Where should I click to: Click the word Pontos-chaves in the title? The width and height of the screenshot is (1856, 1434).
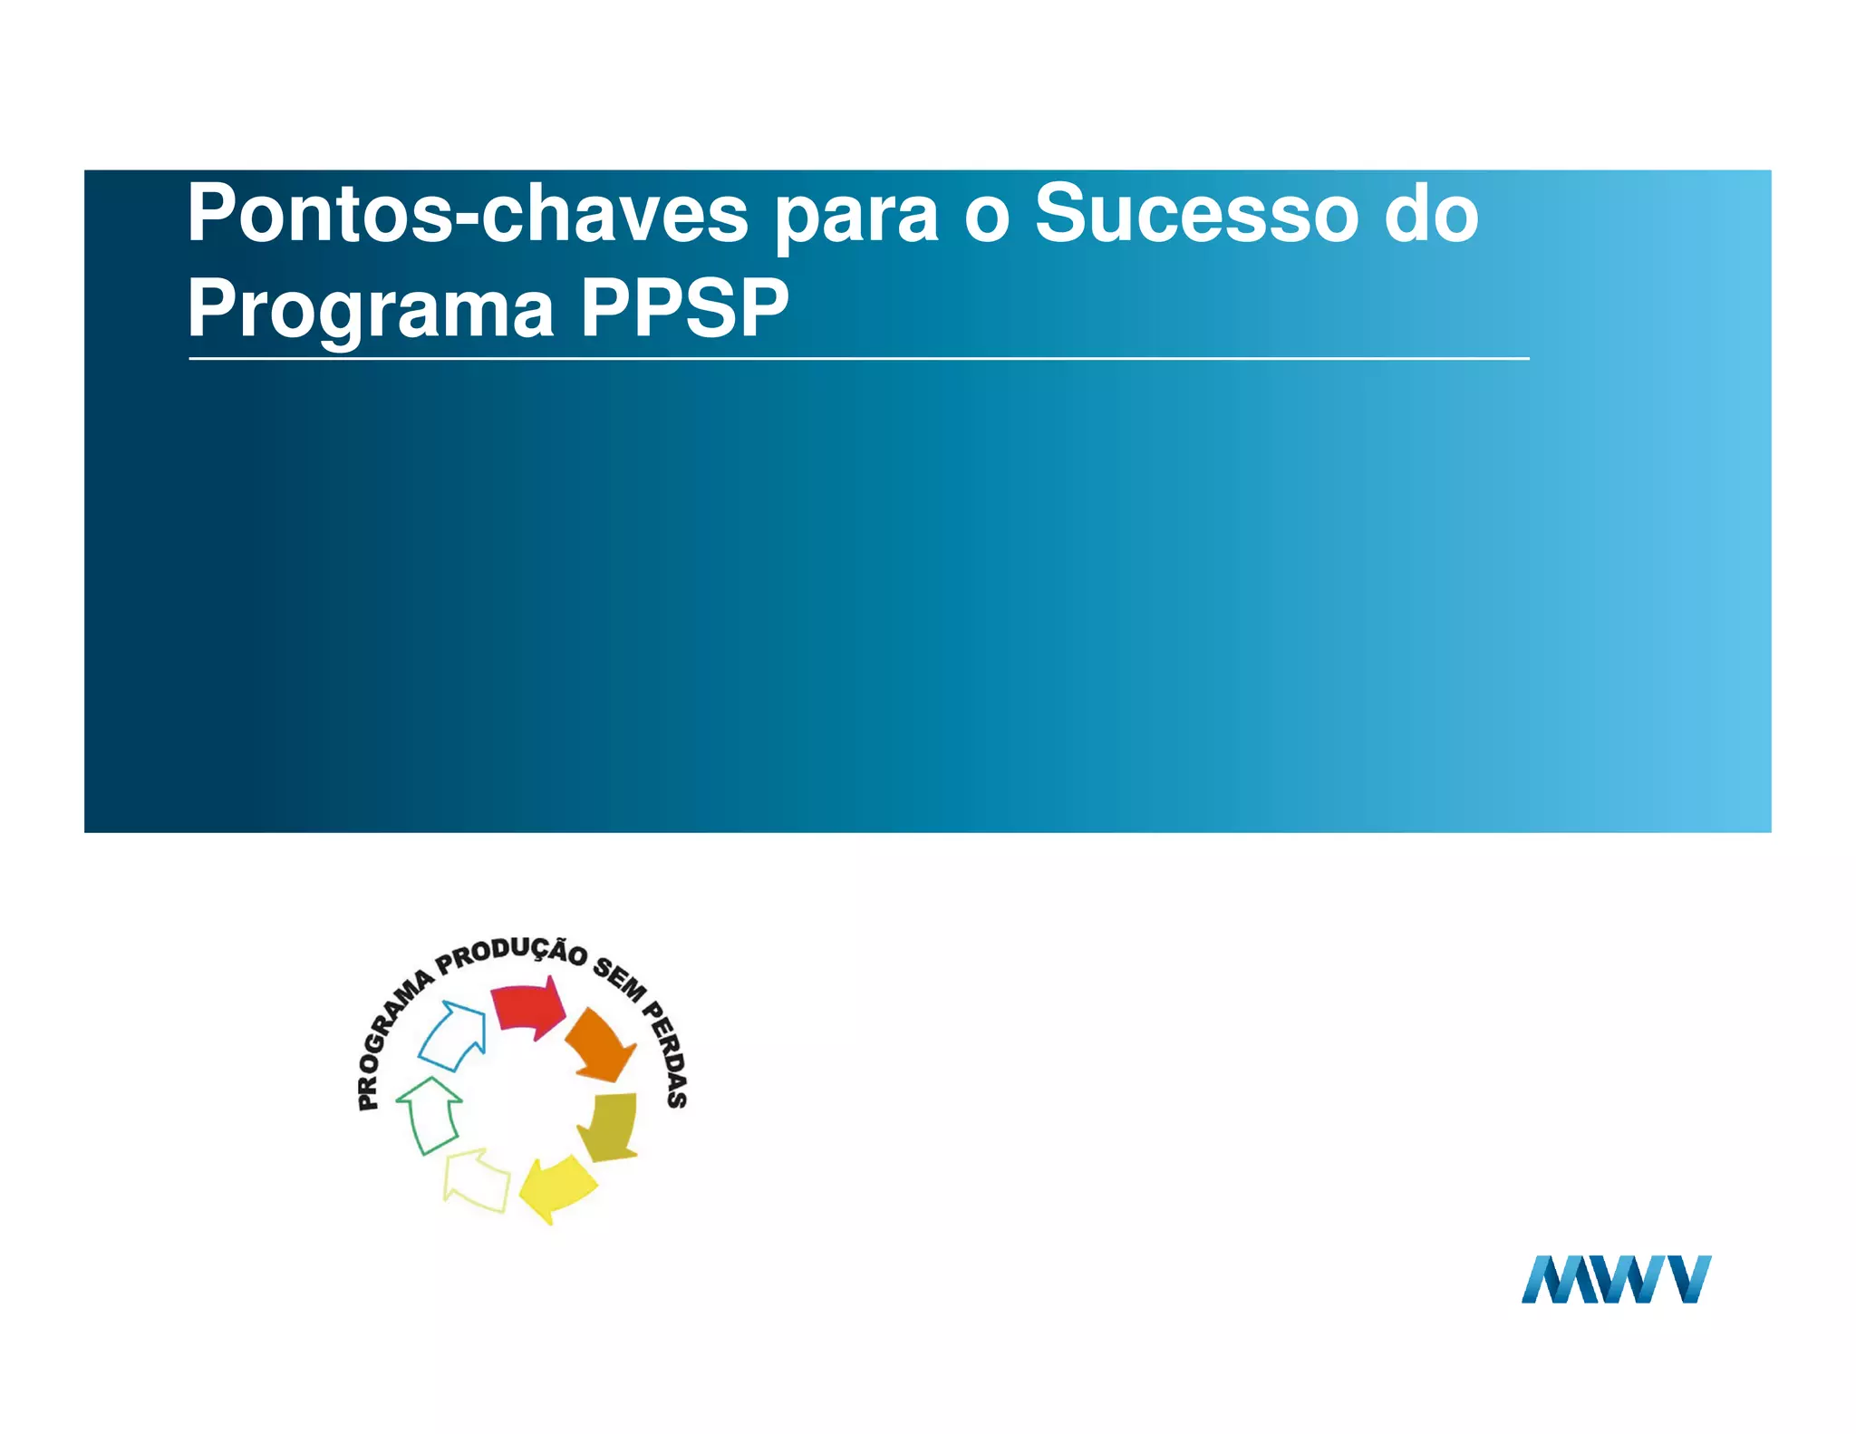(467, 214)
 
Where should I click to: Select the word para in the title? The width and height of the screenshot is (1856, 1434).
(855, 218)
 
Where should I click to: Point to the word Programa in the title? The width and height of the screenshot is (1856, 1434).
(371, 310)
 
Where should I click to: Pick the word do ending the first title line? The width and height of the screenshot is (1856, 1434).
(1432, 214)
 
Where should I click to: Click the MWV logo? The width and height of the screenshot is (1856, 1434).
(1616, 1279)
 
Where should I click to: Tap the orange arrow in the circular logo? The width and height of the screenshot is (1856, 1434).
(601, 1045)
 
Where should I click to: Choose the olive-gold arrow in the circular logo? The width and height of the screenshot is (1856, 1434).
(610, 1127)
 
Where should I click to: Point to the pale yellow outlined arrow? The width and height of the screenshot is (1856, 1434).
(476, 1179)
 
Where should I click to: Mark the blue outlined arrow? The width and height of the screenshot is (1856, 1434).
(453, 1036)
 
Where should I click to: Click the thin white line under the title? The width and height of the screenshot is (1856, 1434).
(858, 359)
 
